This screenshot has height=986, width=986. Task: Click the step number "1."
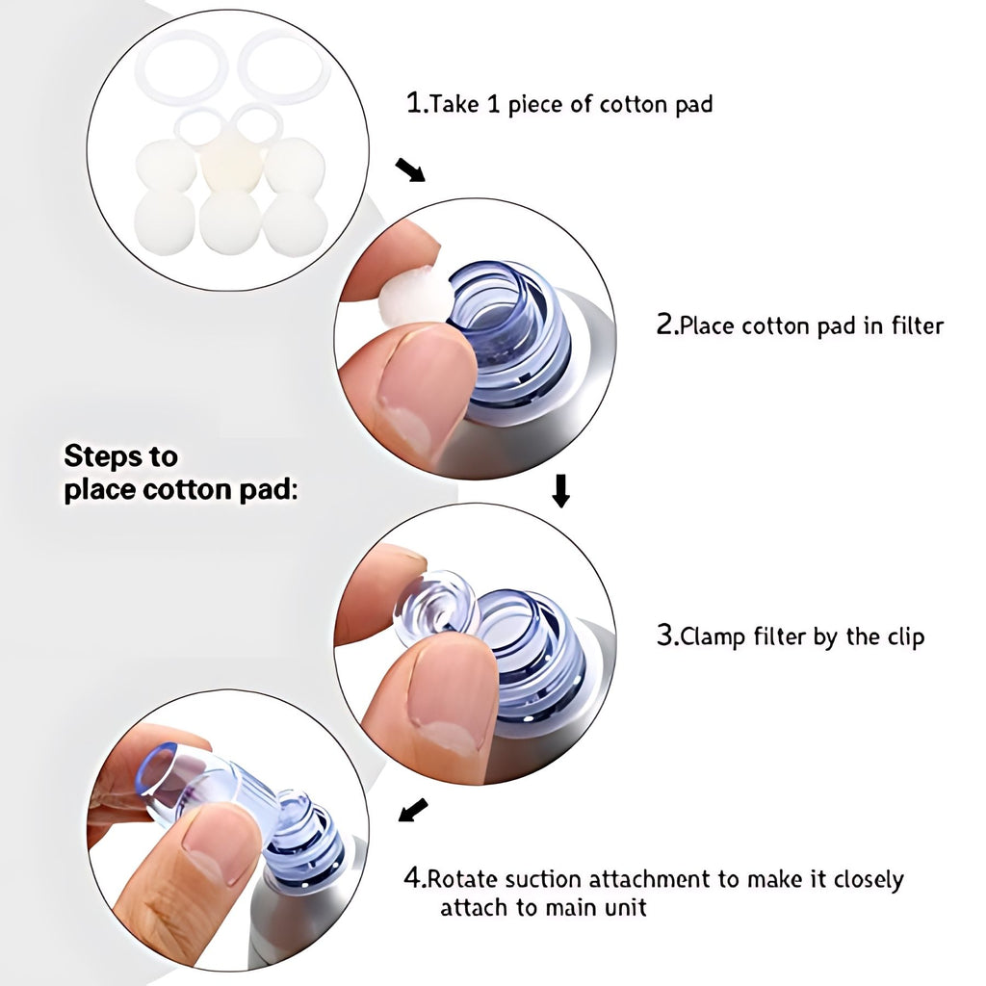tap(416, 102)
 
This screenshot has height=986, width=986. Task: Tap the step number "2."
tap(667, 324)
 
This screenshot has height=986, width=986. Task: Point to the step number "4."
tap(415, 877)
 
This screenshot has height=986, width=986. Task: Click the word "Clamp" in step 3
tap(713, 637)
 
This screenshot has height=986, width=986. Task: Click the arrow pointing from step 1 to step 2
tap(410, 169)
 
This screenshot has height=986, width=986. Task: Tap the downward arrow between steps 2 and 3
tap(561, 491)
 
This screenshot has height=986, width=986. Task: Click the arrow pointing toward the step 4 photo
tap(413, 810)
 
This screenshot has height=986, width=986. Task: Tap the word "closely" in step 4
tap(869, 880)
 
